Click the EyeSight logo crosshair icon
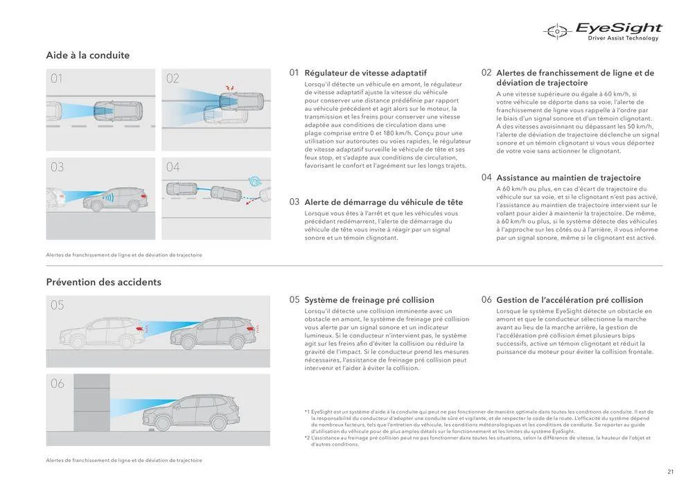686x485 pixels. [556, 30]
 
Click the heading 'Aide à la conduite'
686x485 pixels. [88, 55]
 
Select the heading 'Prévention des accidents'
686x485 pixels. [103, 282]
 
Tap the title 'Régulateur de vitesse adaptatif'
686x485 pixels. [365, 73]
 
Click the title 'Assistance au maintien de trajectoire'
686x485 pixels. [568, 178]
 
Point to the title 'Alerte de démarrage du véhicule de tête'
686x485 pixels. [383, 202]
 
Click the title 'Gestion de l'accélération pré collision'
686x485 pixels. [570, 300]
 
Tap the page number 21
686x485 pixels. [670, 472]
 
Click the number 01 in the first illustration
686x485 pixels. [57, 79]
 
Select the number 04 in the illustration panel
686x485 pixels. [173, 167]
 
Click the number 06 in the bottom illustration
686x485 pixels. [58, 383]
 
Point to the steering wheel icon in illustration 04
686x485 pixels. [256, 181]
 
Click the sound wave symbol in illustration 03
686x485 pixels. [107, 197]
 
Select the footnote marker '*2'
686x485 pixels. [307, 438]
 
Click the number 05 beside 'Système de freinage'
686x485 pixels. [294, 300]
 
